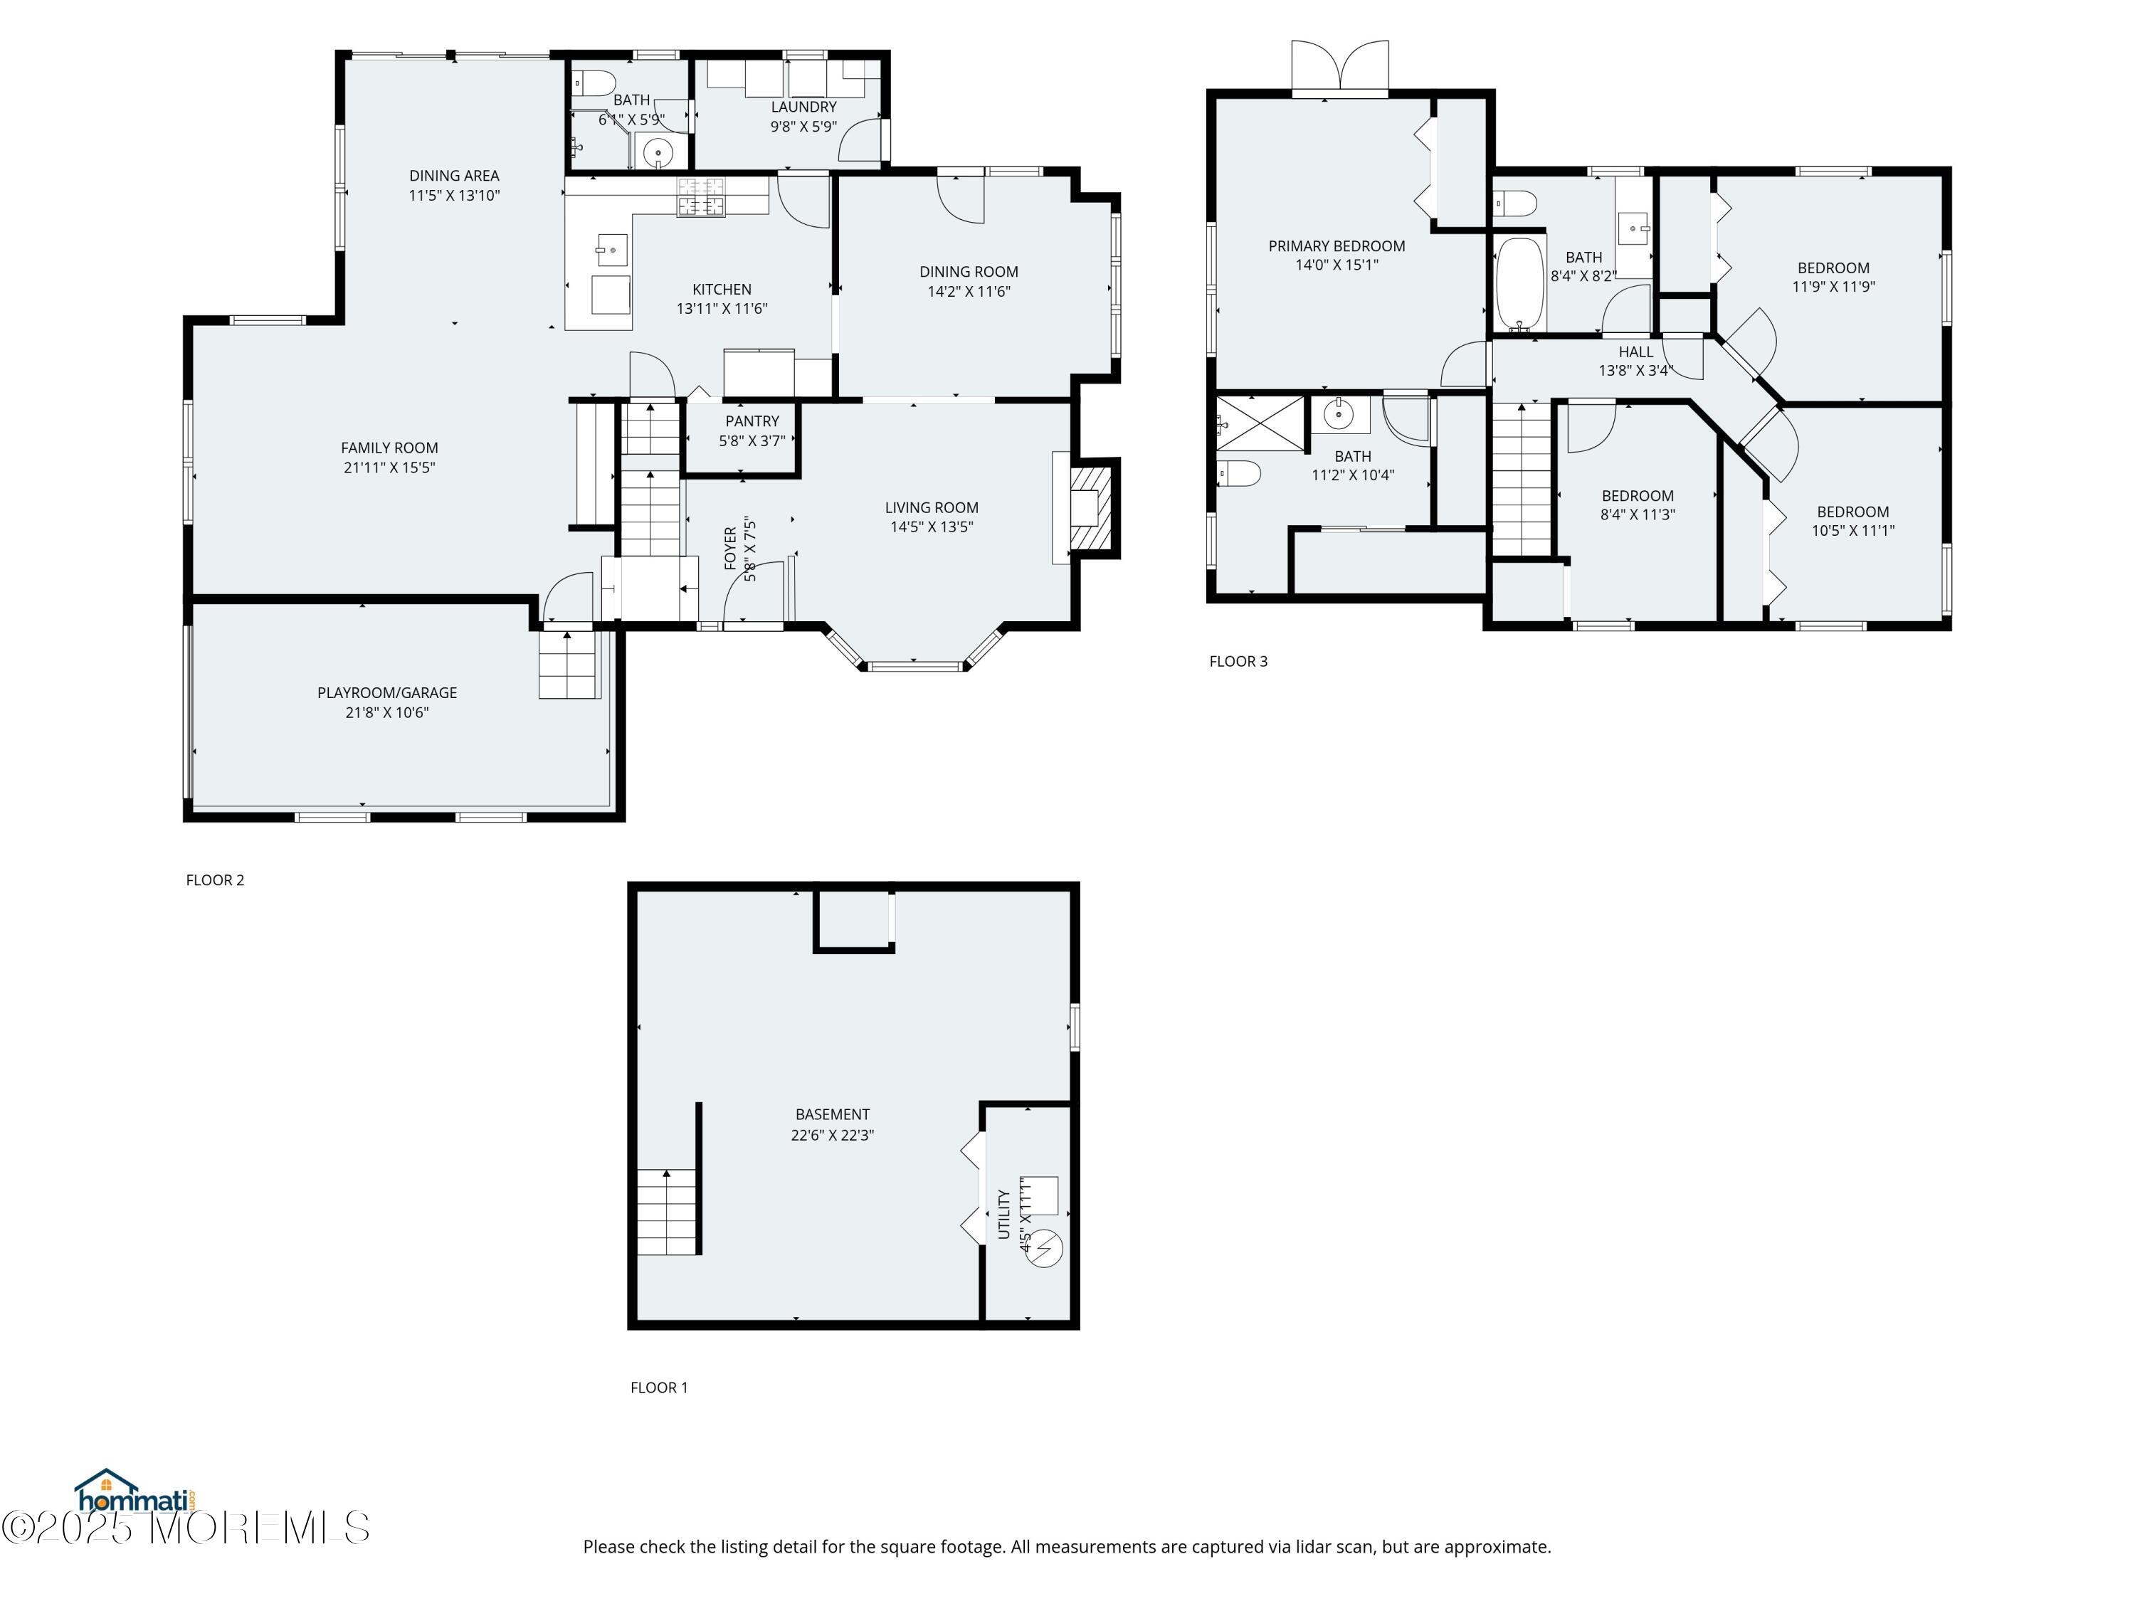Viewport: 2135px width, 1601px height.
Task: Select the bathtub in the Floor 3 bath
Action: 1520,285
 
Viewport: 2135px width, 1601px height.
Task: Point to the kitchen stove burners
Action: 701,197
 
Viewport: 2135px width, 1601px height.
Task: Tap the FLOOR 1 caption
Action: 659,1388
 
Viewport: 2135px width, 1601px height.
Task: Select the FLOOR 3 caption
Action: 1238,661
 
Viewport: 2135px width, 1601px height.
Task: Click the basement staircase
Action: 667,1211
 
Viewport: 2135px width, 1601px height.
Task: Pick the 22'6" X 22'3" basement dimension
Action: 832,1135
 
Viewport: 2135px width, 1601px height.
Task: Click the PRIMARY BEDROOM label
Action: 1337,246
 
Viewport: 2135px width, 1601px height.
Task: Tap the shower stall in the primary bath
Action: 1260,423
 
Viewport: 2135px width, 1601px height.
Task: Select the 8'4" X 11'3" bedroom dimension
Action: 1638,515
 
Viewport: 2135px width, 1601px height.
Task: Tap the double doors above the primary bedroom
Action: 1339,68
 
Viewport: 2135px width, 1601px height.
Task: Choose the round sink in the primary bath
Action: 1339,414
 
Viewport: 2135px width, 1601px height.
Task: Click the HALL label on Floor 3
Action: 1636,352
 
